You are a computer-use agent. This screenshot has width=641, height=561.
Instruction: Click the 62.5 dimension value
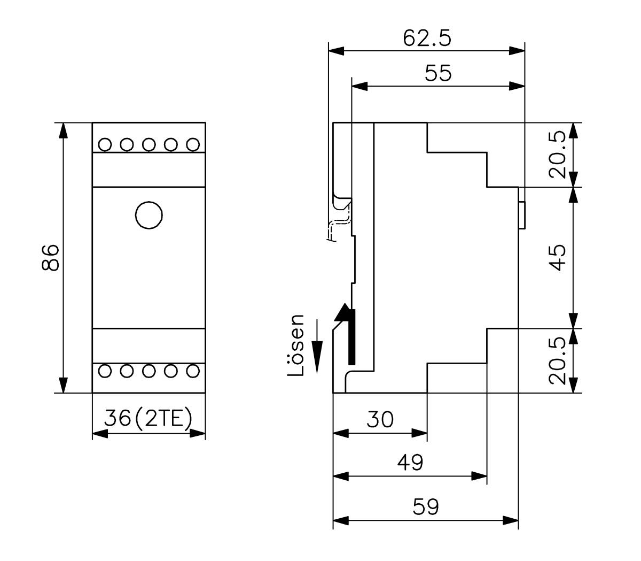click(427, 38)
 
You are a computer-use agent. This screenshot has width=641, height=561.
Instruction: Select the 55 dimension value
click(438, 73)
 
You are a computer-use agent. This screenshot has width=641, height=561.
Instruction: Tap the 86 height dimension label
click(50, 257)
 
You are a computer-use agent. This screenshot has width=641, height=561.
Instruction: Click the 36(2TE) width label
click(148, 419)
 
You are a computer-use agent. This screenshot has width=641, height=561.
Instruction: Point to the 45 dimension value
click(558, 257)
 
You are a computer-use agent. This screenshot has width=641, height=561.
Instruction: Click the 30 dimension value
click(380, 419)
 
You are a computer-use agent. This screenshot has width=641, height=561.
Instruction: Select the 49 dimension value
click(410, 462)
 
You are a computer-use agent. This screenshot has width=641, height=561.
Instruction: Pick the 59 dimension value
click(425, 506)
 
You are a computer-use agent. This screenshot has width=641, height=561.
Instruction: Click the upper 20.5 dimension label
click(558, 155)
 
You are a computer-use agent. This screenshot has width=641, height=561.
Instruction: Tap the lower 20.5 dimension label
click(558, 360)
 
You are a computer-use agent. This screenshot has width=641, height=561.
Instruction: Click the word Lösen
click(295, 345)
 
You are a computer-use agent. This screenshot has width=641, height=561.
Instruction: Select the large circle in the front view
click(149, 215)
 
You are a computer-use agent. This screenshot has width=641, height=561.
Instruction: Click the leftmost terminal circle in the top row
click(105, 144)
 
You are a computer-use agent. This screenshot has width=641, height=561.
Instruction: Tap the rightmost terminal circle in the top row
click(193, 144)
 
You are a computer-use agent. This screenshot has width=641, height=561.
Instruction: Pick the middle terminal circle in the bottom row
click(149, 371)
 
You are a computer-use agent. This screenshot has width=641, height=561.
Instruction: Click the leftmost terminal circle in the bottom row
click(105, 371)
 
